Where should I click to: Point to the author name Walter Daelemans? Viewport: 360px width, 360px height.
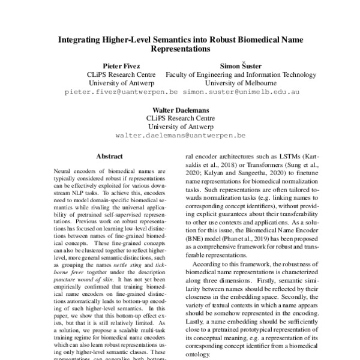[180, 110]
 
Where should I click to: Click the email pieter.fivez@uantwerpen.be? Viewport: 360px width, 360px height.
[121, 92]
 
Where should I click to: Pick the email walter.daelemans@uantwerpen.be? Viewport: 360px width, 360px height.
[180, 138]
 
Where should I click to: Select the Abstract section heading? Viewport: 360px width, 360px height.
[109, 156]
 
